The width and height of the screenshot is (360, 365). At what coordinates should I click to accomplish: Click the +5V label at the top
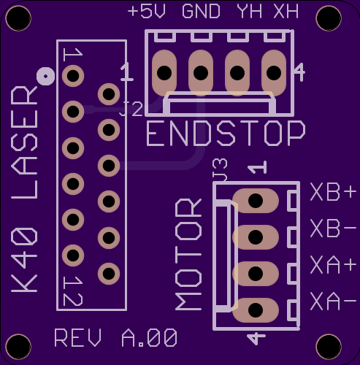[x=147, y=12]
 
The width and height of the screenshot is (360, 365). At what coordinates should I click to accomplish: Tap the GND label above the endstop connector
[x=201, y=12]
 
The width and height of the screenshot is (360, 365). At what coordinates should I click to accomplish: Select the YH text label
[x=249, y=12]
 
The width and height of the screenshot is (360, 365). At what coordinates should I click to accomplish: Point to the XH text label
[x=286, y=12]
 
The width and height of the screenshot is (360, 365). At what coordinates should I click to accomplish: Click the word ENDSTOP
[x=226, y=134]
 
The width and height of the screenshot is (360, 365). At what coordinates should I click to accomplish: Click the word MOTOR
[x=188, y=255]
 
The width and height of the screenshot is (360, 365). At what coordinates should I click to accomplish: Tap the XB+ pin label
[x=333, y=192]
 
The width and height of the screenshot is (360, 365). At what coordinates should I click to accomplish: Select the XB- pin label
[x=333, y=228]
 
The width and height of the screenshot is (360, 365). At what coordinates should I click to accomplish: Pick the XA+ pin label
[x=333, y=265]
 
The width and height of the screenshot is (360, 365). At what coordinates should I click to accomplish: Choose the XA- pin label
[x=333, y=301]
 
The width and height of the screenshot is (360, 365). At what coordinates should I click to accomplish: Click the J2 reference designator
[x=131, y=109]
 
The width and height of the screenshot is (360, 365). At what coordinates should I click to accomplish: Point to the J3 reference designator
[x=220, y=169]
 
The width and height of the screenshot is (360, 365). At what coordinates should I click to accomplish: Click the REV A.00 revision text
[x=115, y=338]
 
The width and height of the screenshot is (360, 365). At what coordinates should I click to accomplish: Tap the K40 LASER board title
[x=24, y=189]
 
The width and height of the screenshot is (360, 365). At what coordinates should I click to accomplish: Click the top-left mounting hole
[x=18, y=18]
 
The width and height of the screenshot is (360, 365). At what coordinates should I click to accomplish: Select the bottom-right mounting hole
[x=329, y=347]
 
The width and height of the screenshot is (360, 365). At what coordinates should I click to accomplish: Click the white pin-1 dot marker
[x=45, y=76]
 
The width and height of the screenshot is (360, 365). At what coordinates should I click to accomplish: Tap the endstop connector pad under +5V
[x=164, y=73]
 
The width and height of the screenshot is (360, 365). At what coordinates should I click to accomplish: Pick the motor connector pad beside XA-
[x=256, y=310]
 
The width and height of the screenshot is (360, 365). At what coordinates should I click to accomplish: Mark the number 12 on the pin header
[x=73, y=291]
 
